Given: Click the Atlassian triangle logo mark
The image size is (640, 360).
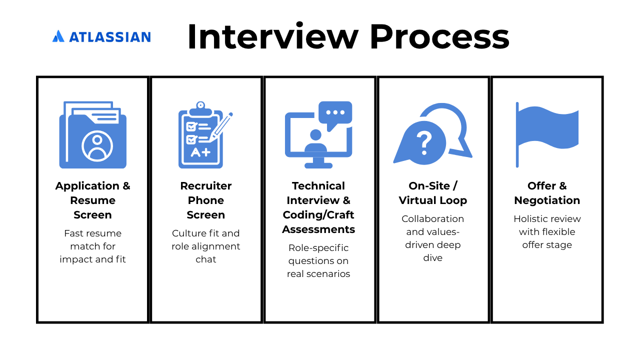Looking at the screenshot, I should point(58,36).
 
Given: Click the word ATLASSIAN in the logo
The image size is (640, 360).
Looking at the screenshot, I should point(110,37).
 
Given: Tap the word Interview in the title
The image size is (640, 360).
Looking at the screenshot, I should point(272,36).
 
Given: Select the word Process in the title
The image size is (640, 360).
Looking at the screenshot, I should point(439,36).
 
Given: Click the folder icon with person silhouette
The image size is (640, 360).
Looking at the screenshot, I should point(93,135).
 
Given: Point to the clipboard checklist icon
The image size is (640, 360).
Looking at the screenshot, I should point(201,136).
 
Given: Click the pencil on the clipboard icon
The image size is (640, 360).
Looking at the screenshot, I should point(221,126).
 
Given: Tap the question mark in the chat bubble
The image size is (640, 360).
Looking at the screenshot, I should point(423,143).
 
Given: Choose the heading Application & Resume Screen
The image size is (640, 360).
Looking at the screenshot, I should point(93,200).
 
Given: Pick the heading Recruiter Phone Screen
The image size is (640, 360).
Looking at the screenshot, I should point(206,200).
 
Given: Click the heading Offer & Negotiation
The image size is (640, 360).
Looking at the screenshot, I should point(547,193).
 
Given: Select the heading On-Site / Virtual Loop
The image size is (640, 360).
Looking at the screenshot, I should point(433,193).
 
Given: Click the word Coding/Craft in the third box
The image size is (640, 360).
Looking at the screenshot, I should point(318,214).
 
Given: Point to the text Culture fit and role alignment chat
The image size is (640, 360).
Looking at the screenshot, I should point(206,246).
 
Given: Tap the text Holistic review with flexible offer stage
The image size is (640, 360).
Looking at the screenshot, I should point(547,231).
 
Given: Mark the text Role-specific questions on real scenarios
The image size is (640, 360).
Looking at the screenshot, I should point(318,260).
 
